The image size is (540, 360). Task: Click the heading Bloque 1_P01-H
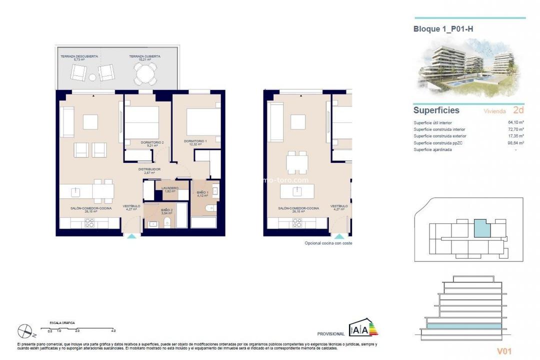(443, 29)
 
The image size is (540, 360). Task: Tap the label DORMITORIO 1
(195, 141)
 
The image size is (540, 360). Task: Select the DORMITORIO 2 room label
(152, 142)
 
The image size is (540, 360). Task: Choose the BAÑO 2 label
(166, 211)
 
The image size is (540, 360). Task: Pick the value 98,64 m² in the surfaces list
(515, 143)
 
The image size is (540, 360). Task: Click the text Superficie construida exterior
(440, 136)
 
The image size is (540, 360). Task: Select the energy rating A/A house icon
(363, 327)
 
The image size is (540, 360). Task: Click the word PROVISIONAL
(330, 334)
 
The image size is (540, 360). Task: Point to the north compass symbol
(24, 330)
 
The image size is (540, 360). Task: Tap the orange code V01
(504, 351)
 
